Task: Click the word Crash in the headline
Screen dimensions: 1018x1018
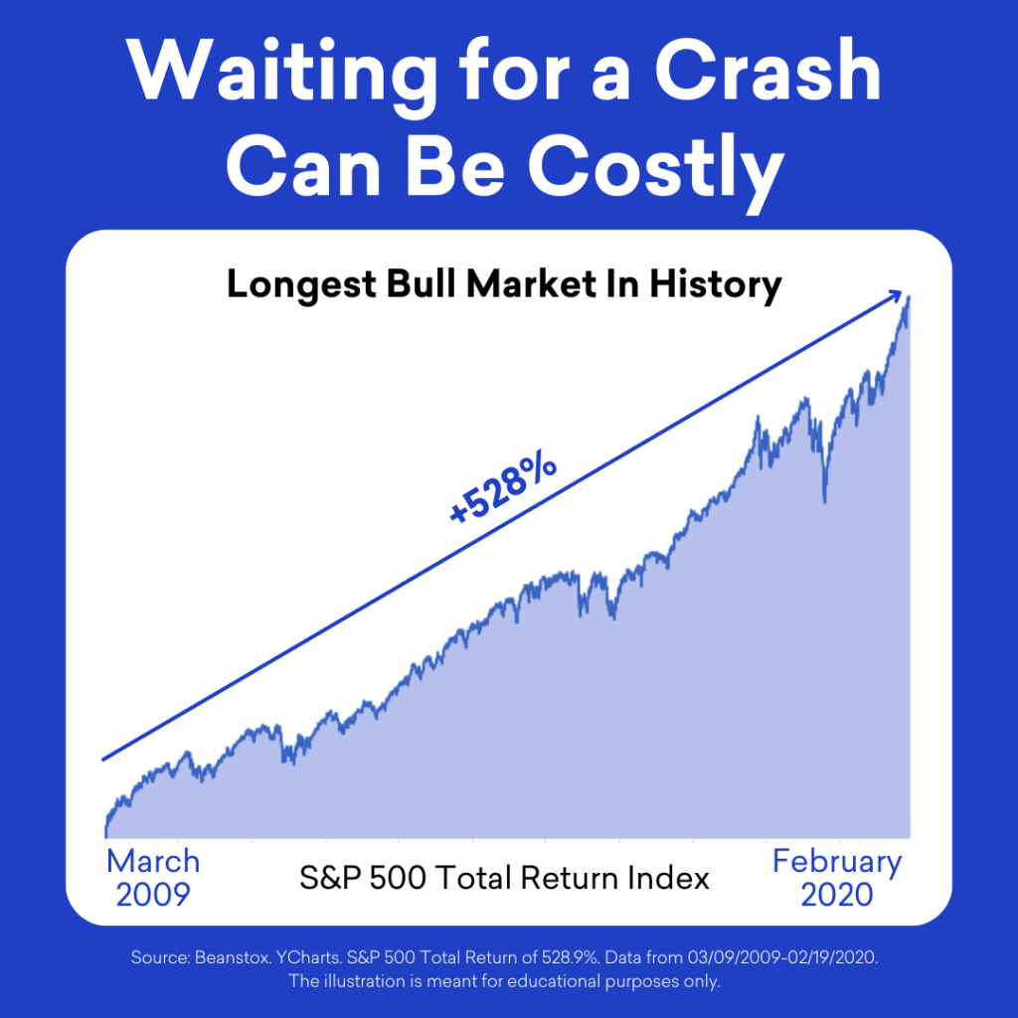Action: [767, 71]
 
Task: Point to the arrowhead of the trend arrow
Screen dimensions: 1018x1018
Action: [896, 295]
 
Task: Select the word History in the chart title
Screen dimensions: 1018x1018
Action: [716, 285]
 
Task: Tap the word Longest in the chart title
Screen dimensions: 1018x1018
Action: [301, 285]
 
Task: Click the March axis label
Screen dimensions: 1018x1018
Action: [153, 862]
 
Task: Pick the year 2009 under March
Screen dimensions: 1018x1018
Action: [153, 895]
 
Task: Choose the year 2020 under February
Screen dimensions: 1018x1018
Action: [837, 895]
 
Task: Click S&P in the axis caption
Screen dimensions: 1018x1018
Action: [330, 878]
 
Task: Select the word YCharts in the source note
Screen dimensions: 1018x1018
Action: [309, 957]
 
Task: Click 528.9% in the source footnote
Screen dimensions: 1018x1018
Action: [570, 957]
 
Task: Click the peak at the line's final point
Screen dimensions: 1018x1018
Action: [909, 297]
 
